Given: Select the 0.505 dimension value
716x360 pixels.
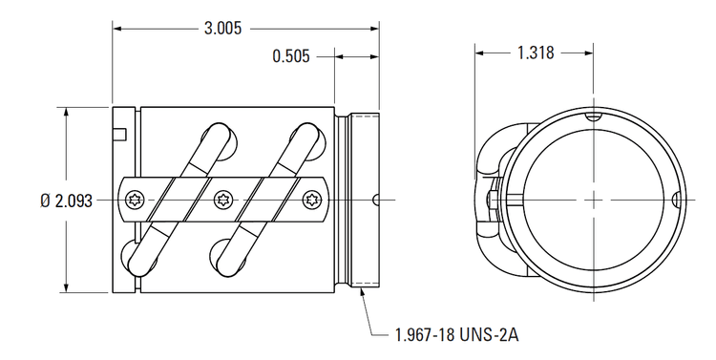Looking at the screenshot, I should (291, 56).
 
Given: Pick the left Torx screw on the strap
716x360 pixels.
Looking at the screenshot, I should (133, 200).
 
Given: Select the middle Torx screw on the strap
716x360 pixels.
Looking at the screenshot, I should (223, 200).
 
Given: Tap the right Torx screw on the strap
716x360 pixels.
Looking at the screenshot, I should (312, 200).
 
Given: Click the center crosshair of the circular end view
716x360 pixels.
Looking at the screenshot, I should (593, 200).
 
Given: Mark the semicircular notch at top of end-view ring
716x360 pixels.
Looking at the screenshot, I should (593, 116).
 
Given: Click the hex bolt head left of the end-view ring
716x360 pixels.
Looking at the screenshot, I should (491, 200).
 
